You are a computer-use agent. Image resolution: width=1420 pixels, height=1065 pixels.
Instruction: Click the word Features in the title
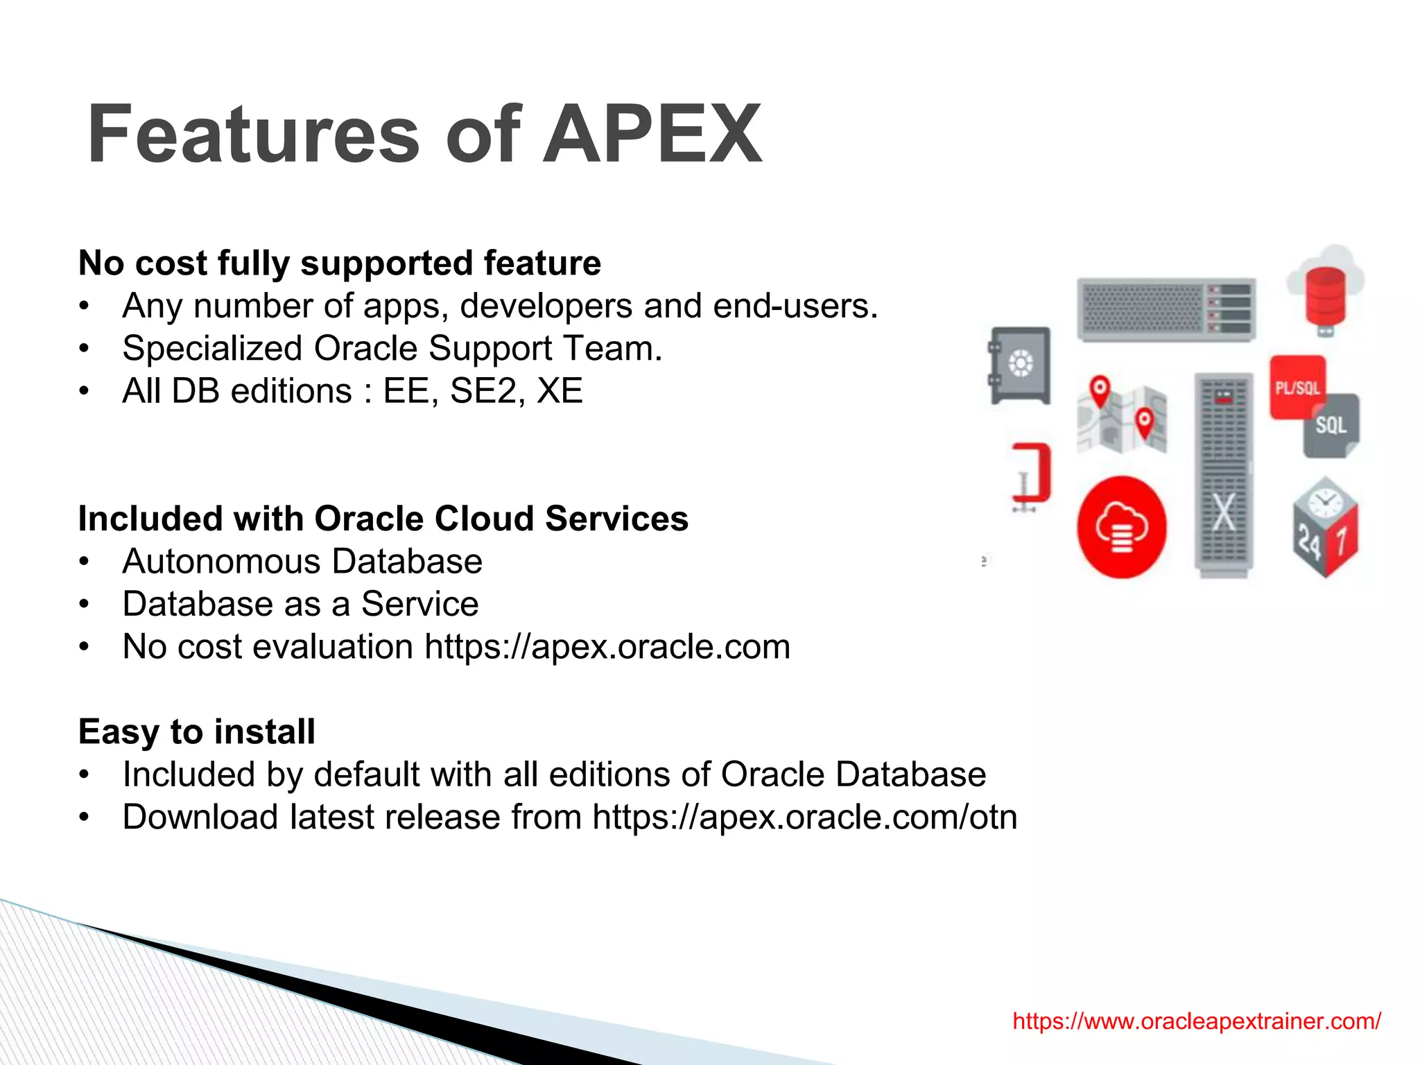254,134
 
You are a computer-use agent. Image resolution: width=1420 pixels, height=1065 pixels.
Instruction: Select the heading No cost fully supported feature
339,263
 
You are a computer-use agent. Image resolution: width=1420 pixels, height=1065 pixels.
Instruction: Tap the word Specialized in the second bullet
212,348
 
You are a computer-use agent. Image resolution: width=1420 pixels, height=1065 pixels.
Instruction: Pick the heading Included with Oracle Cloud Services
383,519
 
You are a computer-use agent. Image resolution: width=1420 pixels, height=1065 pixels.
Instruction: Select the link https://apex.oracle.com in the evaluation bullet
607,647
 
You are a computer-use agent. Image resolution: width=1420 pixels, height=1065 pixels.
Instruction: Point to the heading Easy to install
196,732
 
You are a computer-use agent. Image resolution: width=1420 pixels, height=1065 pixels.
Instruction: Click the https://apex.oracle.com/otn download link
804,817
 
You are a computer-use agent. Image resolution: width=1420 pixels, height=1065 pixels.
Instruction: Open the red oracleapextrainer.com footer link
1197,1021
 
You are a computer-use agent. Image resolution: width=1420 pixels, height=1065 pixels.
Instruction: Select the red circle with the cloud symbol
1121,527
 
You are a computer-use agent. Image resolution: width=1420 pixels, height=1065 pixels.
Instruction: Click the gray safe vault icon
1020,365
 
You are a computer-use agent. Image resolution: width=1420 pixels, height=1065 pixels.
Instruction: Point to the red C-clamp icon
1032,475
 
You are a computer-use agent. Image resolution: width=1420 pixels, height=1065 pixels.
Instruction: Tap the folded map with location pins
1122,416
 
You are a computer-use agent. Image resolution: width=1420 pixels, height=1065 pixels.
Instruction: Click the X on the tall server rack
1224,512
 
